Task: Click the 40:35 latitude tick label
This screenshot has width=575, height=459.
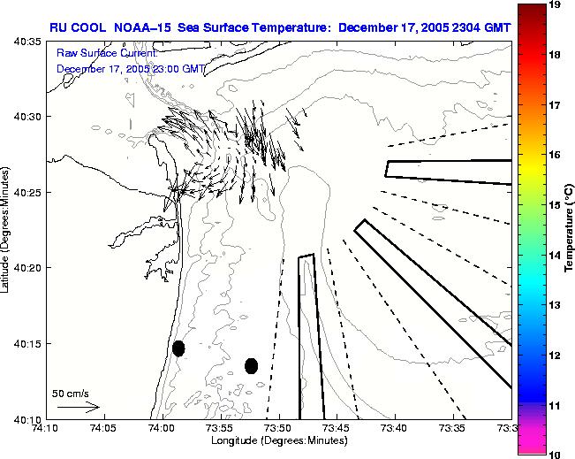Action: click(29, 41)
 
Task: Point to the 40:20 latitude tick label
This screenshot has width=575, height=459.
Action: click(29, 268)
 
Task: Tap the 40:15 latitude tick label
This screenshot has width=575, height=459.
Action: click(29, 343)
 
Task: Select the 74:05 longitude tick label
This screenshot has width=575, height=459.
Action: click(102, 428)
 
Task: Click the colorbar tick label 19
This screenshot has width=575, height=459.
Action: click(556, 4)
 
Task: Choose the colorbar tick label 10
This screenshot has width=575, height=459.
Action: click(556, 454)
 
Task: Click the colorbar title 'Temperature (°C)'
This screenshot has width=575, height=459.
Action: click(571, 229)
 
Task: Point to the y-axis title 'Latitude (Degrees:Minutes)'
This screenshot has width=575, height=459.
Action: click(7, 230)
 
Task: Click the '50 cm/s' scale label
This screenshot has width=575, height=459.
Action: click(70, 393)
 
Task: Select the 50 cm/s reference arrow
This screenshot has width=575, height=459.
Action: click(78, 407)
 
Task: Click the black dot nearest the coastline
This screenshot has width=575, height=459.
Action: click(178, 348)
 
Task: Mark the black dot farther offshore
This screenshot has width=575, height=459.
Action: click(251, 365)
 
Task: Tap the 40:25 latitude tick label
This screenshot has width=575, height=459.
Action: click(29, 192)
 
